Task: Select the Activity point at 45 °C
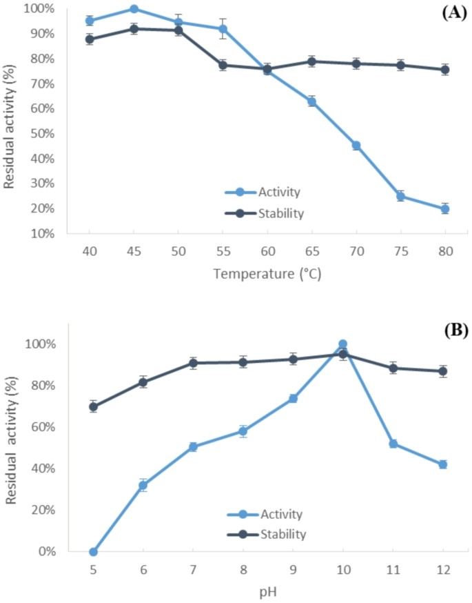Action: (134, 9)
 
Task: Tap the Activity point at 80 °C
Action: (445, 209)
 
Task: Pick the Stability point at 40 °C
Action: (90, 39)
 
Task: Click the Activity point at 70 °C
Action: (356, 146)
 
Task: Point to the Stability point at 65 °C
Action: (311, 61)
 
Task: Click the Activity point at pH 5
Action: (93, 551)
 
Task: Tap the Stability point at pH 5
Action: (93, 406)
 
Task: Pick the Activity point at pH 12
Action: (442, 464)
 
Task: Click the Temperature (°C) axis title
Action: (267, 273)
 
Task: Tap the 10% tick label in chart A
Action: (43, 233)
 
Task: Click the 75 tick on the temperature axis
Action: (400, 252)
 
